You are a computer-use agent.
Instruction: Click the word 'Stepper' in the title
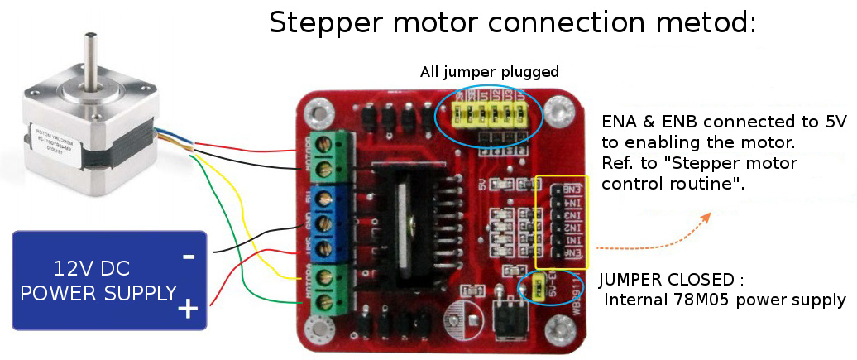coord(323,22)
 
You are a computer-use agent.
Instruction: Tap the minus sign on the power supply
coord(189,257)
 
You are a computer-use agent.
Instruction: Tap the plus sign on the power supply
coord(189,309)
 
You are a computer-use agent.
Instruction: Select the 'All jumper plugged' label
coord(490,71)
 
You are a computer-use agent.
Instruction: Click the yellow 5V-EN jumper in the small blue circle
coord(538,287)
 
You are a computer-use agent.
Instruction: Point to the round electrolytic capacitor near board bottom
coord(460,318)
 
